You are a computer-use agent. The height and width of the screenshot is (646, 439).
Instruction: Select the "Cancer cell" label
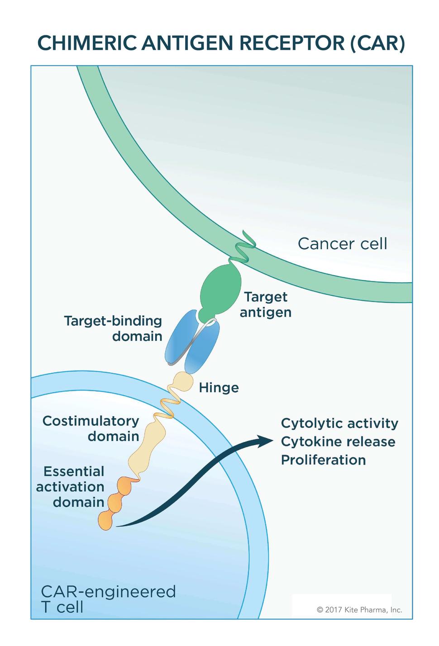point(342,244)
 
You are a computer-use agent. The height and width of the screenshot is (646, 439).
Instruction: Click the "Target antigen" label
point(266,304)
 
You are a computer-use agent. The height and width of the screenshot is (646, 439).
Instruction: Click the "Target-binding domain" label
point(113,328)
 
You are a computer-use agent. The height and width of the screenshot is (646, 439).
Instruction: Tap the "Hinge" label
point(219,388)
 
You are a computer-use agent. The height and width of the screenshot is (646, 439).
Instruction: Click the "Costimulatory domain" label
point(91,428)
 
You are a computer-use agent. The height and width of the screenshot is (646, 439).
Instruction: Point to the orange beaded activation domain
point(115,502)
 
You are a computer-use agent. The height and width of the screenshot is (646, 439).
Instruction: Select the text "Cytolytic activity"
point(339,423)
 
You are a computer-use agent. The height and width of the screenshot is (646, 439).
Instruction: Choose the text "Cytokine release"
point(338,442)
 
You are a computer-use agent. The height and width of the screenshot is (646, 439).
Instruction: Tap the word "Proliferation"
point(323,460)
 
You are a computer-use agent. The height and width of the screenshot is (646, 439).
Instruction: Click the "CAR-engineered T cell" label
point(108,598)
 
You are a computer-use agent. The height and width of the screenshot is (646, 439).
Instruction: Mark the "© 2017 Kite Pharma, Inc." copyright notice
point(359,609)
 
